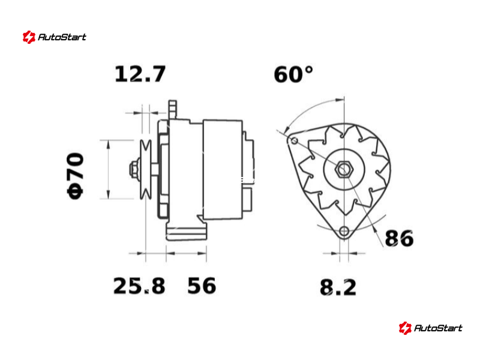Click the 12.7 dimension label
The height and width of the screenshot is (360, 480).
140,74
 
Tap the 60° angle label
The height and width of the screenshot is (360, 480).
293,74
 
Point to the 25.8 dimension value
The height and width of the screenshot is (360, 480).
139,286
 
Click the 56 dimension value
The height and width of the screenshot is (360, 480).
202,286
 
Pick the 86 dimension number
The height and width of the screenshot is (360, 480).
399,238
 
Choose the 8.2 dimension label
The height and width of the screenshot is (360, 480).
338,287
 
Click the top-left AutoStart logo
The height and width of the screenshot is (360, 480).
55,37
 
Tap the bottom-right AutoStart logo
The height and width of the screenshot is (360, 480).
431,328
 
